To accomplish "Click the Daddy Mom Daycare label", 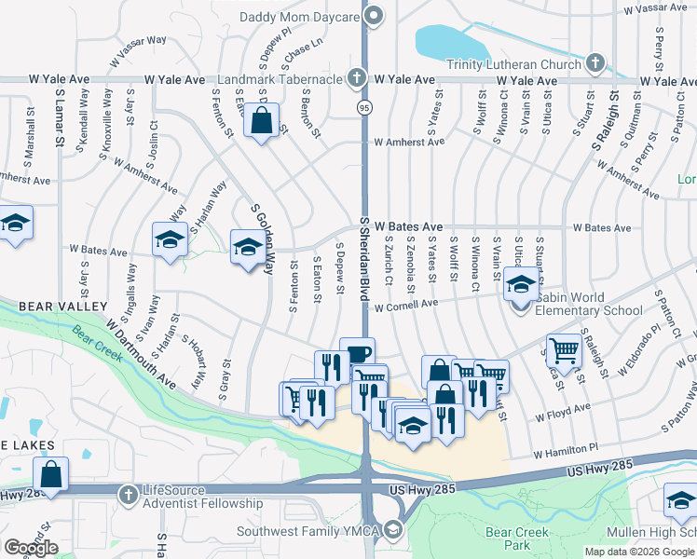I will click(x=299, y=16).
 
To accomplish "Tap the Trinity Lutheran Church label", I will click(x=513, y=64).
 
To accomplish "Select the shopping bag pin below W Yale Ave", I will click(x=262, y=120).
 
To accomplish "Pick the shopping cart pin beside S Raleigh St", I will click(x=564, y=351).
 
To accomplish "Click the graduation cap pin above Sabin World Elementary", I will click(x=522, y=283).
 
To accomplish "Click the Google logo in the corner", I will click(x=31, y=548).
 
